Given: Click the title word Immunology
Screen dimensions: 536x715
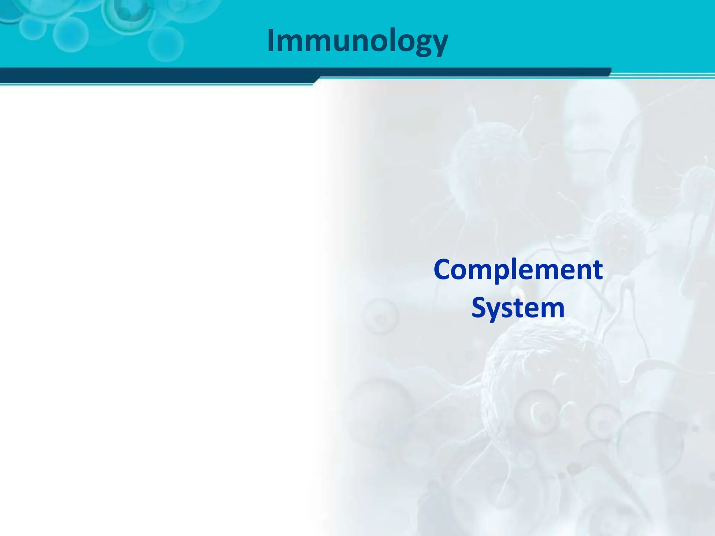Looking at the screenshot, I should tap(357, 41).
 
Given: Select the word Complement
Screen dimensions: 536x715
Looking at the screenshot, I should tap(518, 270).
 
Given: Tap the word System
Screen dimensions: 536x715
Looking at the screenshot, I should tap(518, 308).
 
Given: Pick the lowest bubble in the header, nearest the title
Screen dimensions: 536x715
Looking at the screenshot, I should tap(165, 44).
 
